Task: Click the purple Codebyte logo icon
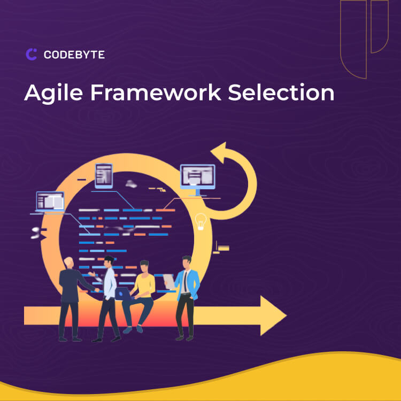(x=31, y=54)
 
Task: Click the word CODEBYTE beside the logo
(x=74, y=55)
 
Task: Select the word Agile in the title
(x=53, y=93)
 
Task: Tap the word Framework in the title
(x=155, y=92)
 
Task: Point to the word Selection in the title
(x=281, y=92)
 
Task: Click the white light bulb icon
(x=201, y=221)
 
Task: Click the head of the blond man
(x=69, y=261)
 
